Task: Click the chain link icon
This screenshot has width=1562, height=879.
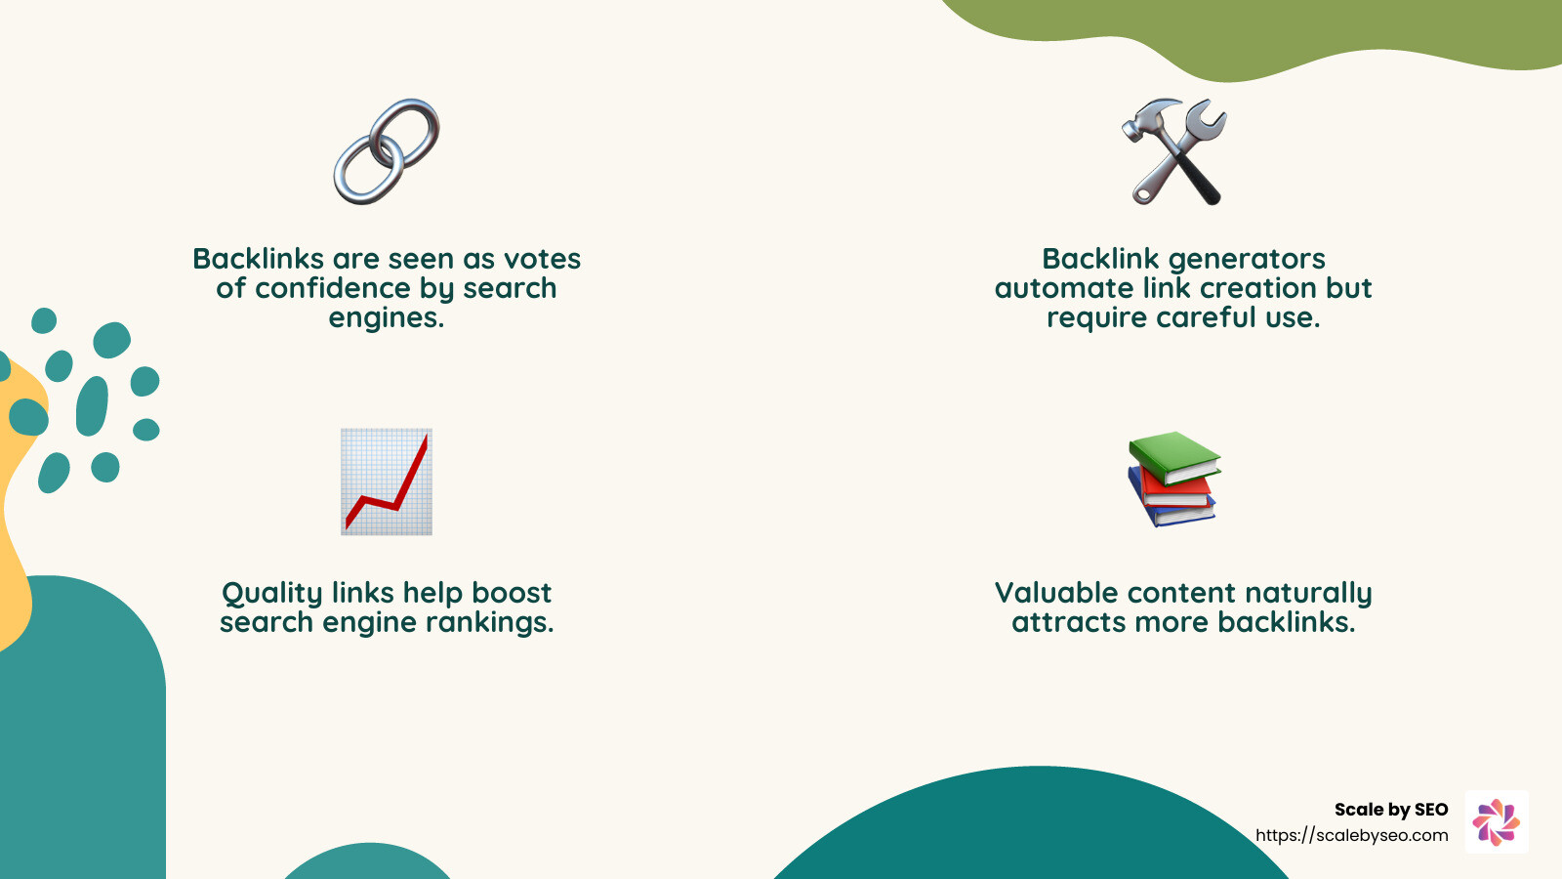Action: [387, 151]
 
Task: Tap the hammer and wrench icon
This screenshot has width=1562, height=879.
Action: [1174, 151]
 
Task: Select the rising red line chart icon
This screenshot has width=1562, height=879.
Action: [387, 481]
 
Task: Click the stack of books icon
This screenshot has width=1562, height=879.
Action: [1172, 480]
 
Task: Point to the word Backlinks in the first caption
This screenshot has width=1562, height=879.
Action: [258, 259]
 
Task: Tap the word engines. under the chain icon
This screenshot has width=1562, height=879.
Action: [387, 317]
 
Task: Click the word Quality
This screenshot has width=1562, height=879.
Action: [272, 594]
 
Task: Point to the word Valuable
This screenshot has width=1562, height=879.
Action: [1056, 593]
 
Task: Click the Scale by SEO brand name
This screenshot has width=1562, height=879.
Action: [1391, 810]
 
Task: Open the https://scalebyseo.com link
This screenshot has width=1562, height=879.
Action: [1352, 835]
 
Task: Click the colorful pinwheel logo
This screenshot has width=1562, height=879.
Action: [1497, 821]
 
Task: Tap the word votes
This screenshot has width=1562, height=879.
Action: [542, 259]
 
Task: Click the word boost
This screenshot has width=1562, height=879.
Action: [512, 593]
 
